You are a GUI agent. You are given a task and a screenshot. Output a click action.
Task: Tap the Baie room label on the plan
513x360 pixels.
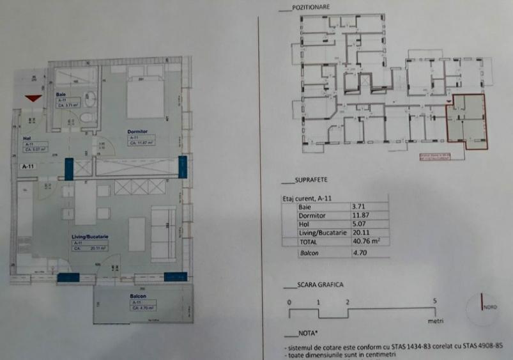coord(61,94)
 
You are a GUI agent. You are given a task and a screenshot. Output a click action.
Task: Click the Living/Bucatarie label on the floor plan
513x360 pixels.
coord(89,237)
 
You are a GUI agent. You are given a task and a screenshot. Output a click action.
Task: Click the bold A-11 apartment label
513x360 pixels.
coord(26,166)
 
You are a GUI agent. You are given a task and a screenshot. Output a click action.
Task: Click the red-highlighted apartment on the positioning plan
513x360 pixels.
coord(466,120)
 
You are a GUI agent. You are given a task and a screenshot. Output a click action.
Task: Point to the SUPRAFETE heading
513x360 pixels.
coord(308,181)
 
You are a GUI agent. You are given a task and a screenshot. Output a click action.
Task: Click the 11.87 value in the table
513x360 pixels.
coord(360,216)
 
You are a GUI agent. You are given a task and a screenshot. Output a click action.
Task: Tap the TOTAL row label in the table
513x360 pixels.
coord(310,242)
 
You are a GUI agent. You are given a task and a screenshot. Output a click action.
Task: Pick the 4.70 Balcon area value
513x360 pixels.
coord(359,253)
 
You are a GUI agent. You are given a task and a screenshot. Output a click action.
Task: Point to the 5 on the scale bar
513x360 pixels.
coord(434,301)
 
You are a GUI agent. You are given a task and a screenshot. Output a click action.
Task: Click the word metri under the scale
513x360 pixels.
coord(436,322)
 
